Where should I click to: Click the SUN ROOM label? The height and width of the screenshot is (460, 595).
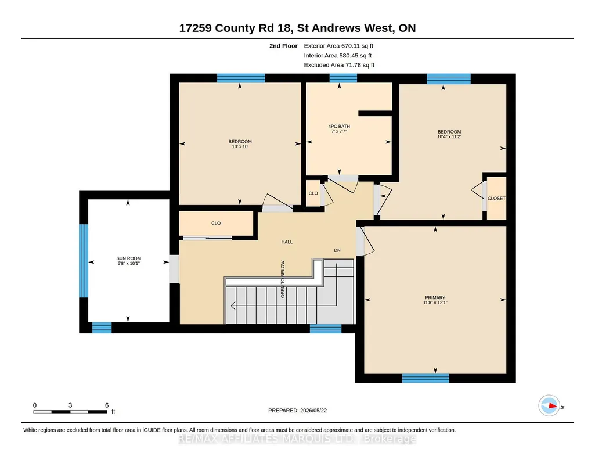[129, 258]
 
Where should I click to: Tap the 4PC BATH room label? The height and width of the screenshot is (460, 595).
[339, 127]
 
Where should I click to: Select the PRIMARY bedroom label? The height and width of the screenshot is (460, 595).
[435, 297]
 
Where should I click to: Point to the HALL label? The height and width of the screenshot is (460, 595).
[287, 242]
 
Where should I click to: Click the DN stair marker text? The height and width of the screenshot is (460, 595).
[337, 250]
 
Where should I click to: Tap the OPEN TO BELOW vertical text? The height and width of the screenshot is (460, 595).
[283, 279]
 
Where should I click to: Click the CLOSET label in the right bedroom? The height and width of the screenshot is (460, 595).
[496, 198]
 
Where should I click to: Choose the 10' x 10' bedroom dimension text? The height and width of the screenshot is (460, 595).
[240, 146]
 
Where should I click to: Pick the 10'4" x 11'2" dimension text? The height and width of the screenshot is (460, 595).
[449, 136]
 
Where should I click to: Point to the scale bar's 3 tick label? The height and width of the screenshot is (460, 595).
[70, 405]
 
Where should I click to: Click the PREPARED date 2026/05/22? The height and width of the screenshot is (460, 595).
[313, 410]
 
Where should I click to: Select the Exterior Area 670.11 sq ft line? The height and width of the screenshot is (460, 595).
[338, 46]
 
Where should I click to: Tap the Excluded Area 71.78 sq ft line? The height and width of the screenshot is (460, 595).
[339, 65]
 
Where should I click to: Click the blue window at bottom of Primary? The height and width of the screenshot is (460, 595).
[425, 378]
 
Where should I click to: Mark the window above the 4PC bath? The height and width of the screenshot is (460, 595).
[343, 78]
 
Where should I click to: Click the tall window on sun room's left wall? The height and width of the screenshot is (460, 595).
[84, 261]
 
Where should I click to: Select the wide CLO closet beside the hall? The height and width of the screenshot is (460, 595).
[216, 224]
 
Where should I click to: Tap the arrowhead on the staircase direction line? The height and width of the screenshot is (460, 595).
[233, 306]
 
